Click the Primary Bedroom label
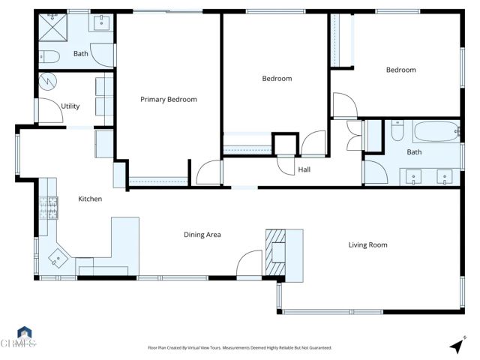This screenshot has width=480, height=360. [169, 99]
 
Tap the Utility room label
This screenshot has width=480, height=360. [70, 106]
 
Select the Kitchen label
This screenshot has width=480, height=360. [90, 199]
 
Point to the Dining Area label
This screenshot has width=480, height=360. [202, 235]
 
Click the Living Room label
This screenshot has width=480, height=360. [367, 244]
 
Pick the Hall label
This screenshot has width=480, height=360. [304, 169]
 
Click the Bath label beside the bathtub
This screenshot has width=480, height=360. [414, 151]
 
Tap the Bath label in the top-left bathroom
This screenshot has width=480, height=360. [81, 54]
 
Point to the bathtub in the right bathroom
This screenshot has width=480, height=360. [434, 132]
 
